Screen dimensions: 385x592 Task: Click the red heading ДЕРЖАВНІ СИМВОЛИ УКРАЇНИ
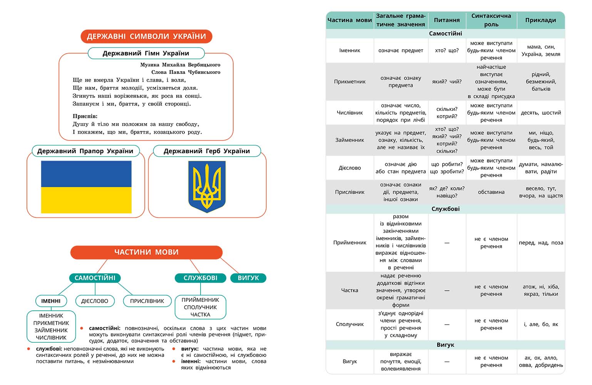click(x=146, y=37)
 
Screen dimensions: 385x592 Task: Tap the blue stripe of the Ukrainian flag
click(x=86, y=174)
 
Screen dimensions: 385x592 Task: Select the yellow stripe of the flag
click(x=86, y=200)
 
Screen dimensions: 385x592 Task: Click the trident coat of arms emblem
click(x=207, y=187)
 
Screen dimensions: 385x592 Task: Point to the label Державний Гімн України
click(x=146, y=53)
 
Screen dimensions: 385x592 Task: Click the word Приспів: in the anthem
click(x=85, y=116)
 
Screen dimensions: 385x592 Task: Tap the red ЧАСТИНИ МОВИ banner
click(x=146, y=252)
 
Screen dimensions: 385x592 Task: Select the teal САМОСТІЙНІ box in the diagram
click(x=95, y=278)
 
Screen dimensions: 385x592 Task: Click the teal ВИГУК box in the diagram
click(x=248, y=278)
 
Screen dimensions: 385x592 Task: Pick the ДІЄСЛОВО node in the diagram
click(x=95, y=301)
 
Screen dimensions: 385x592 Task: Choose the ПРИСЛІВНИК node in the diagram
click(x=147, y=301)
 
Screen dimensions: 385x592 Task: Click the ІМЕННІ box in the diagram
click(x=51, y=301)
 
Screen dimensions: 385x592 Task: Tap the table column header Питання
click(x=447, y=20)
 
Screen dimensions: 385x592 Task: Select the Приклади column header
click(x=540, y=20)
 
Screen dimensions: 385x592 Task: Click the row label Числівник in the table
click(x=350, y=113)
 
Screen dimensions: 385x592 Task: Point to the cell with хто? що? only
click(x=447, y=50)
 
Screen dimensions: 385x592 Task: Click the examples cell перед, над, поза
click(x=541, y=243)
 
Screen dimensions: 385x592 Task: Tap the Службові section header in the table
click(x=445, y=209)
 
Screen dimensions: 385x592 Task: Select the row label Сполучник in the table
click(x=350, y=324)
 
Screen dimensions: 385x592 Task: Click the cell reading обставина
click(x=491, y=192)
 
